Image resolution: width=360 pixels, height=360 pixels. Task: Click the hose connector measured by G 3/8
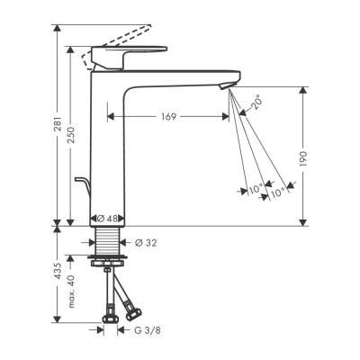point(112,317)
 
